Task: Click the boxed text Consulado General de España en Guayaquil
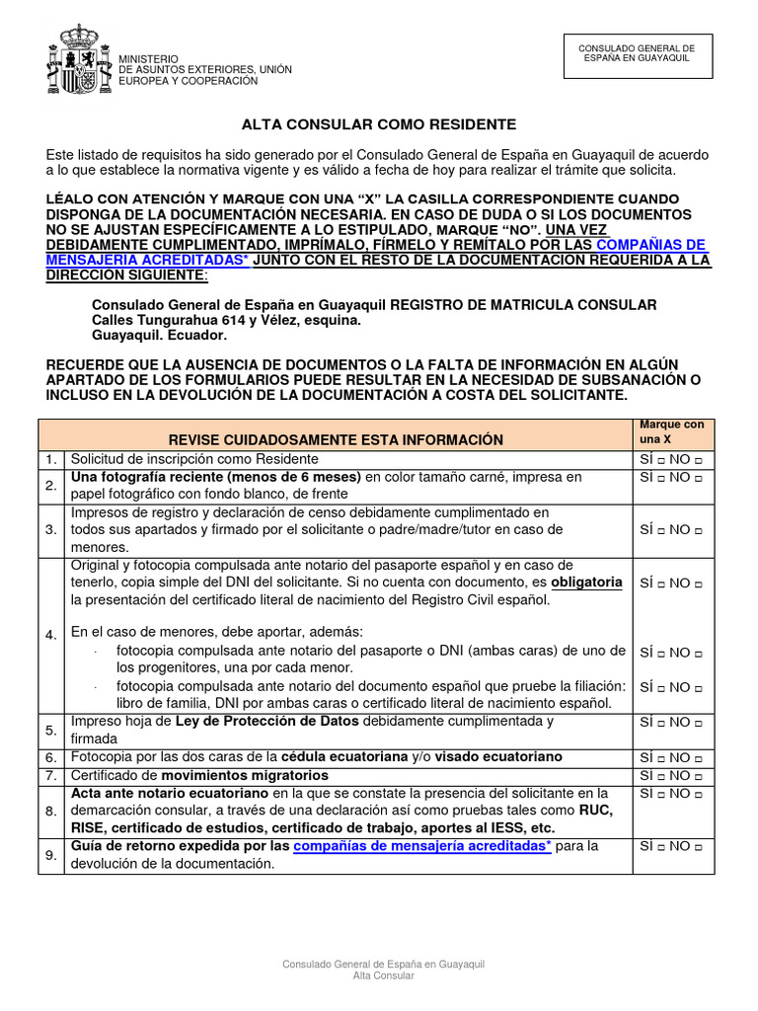[x=636, y=53]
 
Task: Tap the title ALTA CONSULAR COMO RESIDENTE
[x=379, y=125]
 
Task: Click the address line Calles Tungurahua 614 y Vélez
[x=226, y=321]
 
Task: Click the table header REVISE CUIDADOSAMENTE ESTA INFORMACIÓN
[x=336, y=439]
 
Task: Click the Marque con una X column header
[x=671, y=431]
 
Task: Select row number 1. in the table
[x=50, y=459]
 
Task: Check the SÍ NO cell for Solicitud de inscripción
[x=671, y=459]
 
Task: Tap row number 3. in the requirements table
[x=50, y=529]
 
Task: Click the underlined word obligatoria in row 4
[x=586, y=582]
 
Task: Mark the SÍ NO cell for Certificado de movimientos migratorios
[x=671, y=775]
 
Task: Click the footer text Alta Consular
[x=383, y=975]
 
